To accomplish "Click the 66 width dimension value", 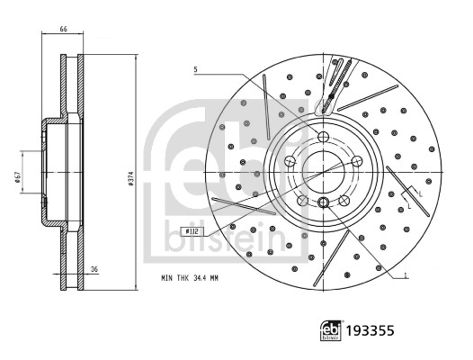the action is pyautogui.click(x=63, y=29).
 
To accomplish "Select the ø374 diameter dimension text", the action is pyautogui.click(x=131, y=179).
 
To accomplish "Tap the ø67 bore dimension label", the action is pyautogui.click(x=18, y=177).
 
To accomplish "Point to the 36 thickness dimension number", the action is pyautogui.click(x=94, y=269).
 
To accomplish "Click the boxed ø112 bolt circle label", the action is pyautogui.click(x=192, y=231).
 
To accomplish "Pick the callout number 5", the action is pyautogui.click(x=195, y=70).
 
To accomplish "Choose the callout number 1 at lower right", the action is pyautogui.click(x=406, y=275).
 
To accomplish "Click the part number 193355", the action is pyautogui.click(x=370, y=330).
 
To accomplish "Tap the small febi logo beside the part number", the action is pyautogui.click(x=331, y=330).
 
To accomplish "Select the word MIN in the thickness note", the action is pyautogui.click(x=167, y=278).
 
